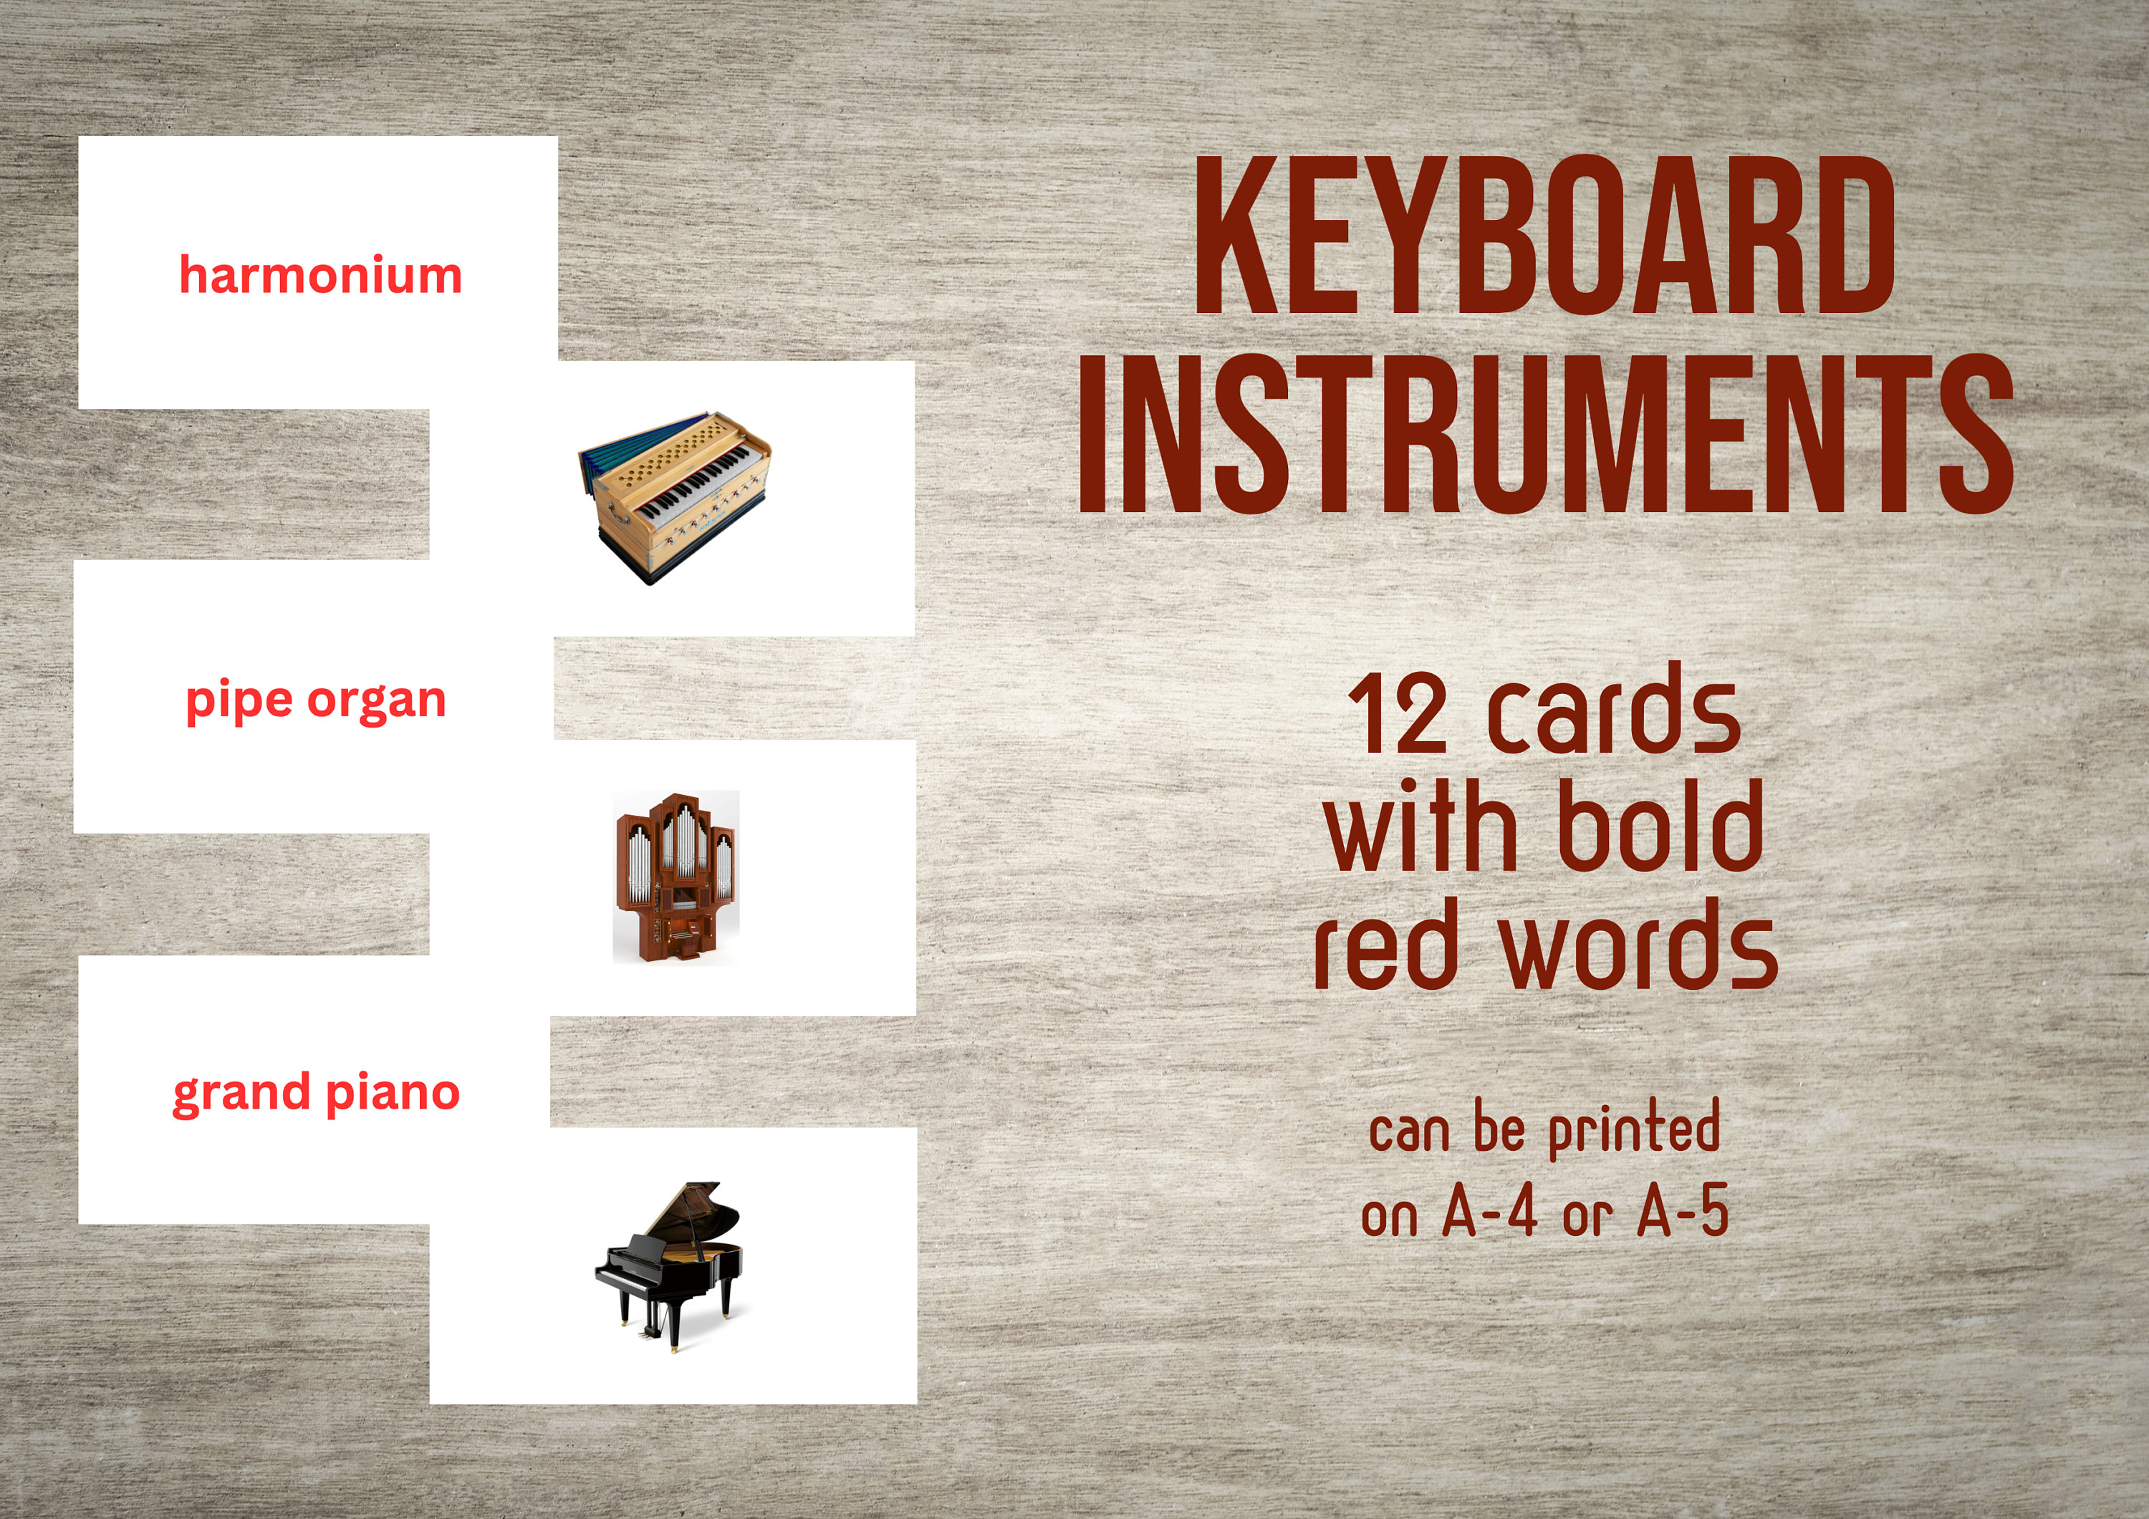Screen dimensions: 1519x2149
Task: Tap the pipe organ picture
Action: tap(675, 877)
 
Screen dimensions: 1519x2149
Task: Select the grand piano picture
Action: tap(668, 1265)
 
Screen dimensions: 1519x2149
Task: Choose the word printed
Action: tap(1634, 1128)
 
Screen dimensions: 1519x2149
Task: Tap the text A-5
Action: tap(1683, 1214)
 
